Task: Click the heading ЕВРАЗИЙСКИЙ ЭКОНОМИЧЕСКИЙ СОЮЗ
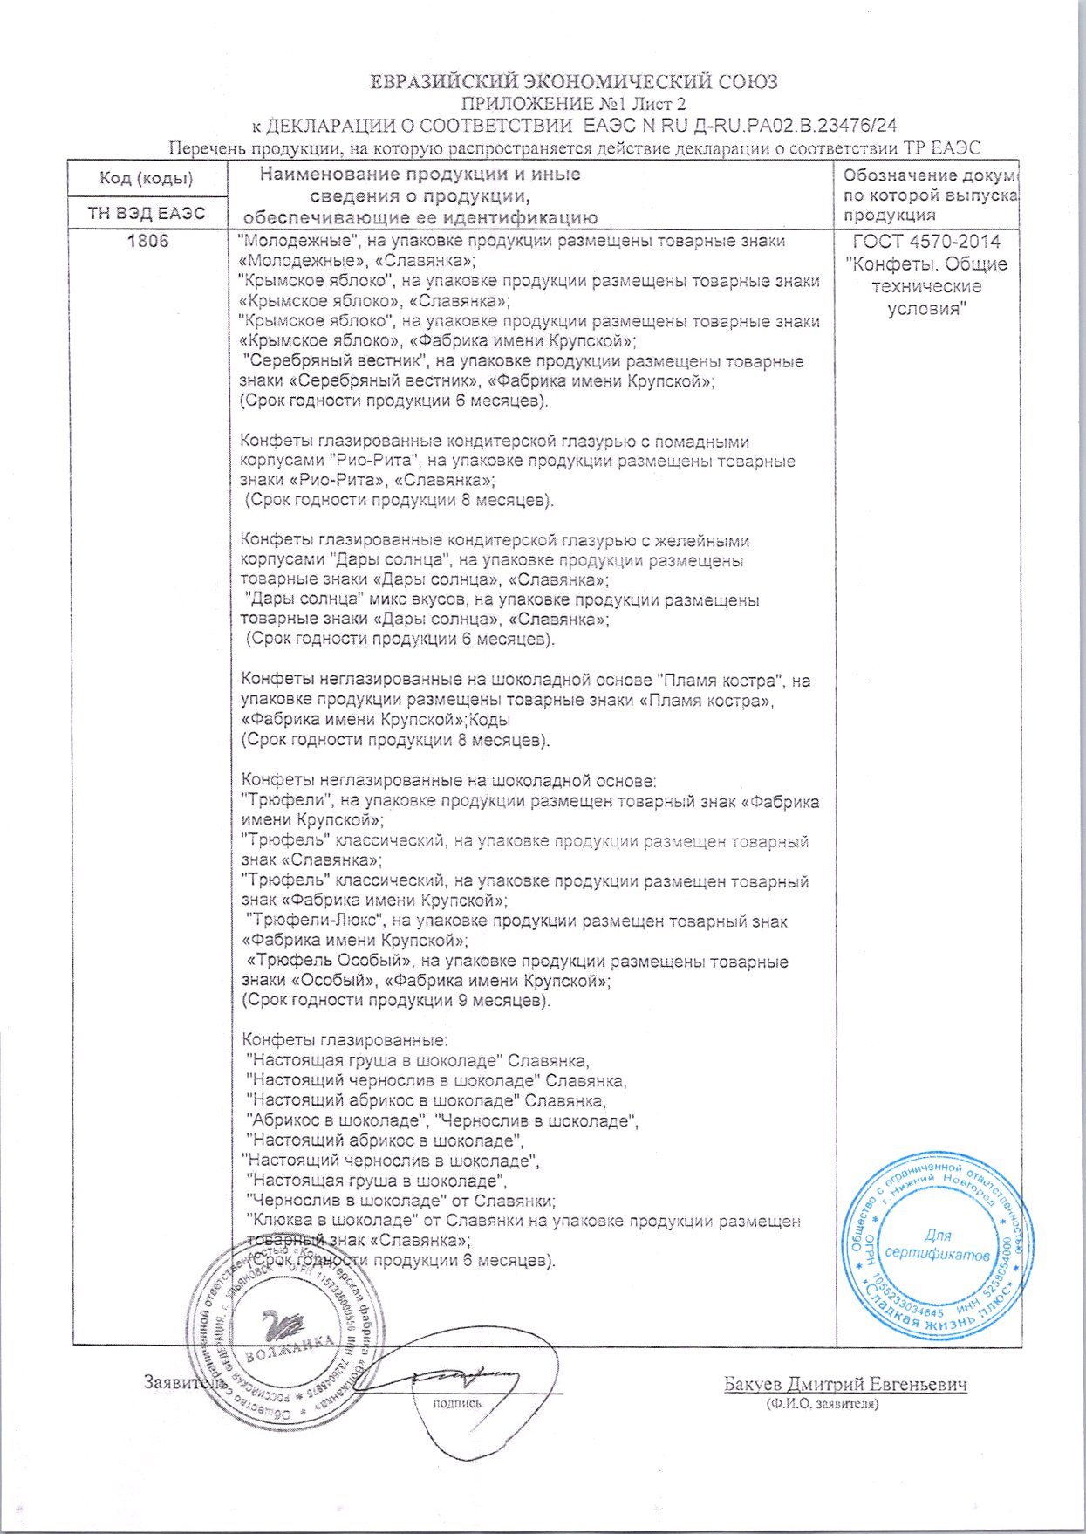click(x=573, y=83)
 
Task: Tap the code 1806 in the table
click(x=147, y=241)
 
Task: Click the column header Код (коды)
click(x=147, y=179)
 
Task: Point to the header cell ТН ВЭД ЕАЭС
click(x=147, y=214)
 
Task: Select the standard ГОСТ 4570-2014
click(x=926, y=242)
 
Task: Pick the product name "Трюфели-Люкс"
click(x=316, y=921)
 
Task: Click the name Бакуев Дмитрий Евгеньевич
click(x=845, y=1385)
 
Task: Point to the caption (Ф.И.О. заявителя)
click(x=822, y=1404)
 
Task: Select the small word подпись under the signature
click(x=457, y=1403)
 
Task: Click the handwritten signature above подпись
click(x=462, y=1378)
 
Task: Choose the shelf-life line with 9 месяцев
click(x=396, y=1001)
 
